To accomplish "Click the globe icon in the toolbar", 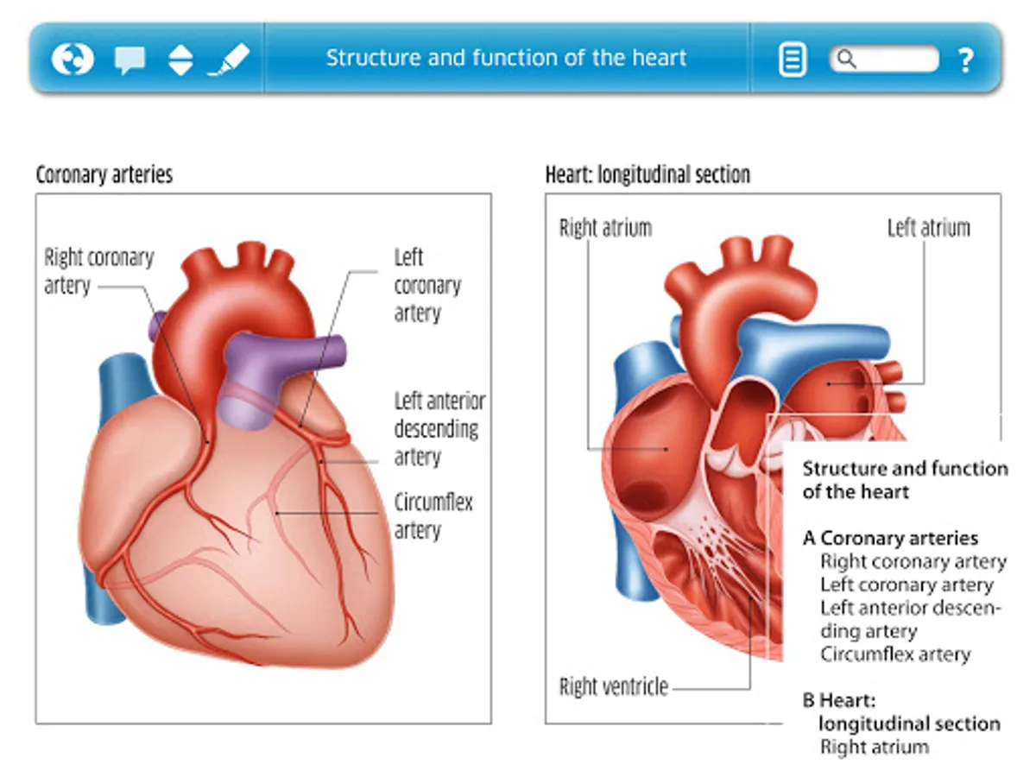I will [73, 60].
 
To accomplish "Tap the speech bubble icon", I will [129, 60].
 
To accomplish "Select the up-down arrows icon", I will [180, 60].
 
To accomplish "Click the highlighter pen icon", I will [229, 60].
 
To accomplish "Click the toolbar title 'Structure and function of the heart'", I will [506, 59].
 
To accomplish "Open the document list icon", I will [793, 60].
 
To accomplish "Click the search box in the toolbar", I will [884, 59].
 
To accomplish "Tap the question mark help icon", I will [965, 60].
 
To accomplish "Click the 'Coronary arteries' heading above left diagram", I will [104, 174].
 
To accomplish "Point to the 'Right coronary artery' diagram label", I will [98, 270].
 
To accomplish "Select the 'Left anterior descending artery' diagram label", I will [439, 428].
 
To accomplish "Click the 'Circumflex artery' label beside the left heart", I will [433, 515].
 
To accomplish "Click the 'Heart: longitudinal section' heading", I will [647, 174].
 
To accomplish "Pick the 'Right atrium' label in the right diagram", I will [605, 228].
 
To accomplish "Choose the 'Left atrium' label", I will [929, 228].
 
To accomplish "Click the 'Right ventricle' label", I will [614, 687].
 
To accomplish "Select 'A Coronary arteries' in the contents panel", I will [890, 538].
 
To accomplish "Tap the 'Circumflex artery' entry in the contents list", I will [895, 654].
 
